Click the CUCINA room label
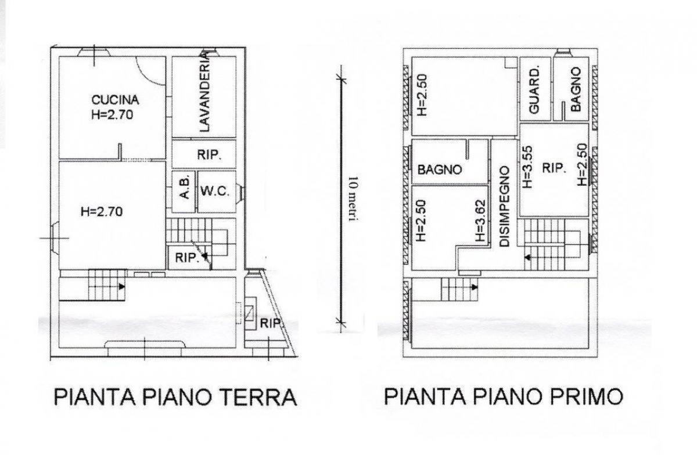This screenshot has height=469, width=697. point(115,100)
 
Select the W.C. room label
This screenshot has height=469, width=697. point(215,192)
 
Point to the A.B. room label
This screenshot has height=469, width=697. point(185,190)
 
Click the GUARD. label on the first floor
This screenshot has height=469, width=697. point(534,91)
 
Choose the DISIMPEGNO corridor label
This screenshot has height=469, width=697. point(504,207)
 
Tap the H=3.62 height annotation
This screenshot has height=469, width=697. point(480,221)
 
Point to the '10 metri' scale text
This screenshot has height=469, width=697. point(353,199)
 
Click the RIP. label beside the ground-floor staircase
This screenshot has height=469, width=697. point(186,258)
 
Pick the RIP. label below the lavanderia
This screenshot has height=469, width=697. point(209,155)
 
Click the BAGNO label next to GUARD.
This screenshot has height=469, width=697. point(576,89)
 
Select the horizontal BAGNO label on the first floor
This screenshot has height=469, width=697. point(440,170)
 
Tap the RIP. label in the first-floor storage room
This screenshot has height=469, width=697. point(554,168)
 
